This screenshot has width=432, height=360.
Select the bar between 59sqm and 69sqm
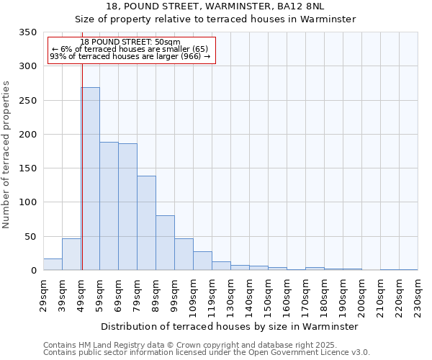109,206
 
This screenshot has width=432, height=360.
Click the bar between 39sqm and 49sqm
72,254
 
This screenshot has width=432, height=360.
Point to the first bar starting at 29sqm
53,264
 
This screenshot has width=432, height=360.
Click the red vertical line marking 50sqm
82,144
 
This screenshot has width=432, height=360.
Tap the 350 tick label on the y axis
28,32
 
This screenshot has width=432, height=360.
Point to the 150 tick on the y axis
28,168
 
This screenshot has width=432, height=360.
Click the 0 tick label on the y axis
33,271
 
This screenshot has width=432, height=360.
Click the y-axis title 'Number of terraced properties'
7,154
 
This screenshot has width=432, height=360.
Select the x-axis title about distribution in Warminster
230,326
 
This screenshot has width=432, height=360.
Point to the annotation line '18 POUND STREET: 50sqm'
131,42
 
